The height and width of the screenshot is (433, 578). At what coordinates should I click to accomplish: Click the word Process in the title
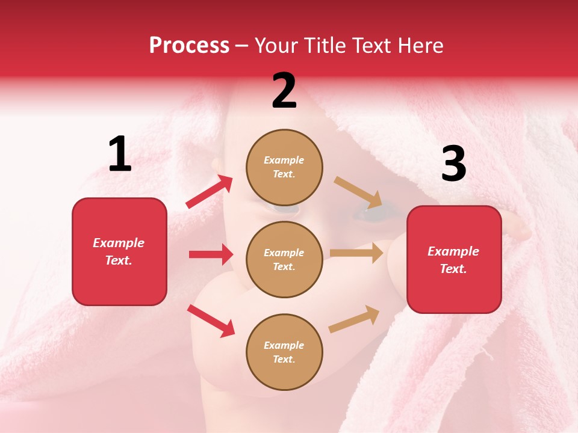pyautogui.click(x=189, y=46)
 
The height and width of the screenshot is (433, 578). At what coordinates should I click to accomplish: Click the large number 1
pyautogui.click(x=120, y=155)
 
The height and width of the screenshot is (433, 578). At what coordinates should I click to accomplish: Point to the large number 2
pyautogui.click(x=284, y=91)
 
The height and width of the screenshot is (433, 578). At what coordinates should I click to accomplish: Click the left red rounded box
pyautogui.click(x=119, y=251)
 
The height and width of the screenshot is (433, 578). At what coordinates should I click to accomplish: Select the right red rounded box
pyautogui.click(x=454, y=260)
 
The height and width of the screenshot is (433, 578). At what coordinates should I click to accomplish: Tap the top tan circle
pyautogui.click(x=284, y=167)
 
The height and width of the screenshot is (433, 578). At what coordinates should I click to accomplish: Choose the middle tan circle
pyautogui.click(x=284, y=259)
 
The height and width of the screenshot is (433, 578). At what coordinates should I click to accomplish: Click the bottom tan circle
pyautogui.click(x=284, y=352)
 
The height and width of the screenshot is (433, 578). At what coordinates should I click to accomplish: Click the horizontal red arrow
pyautogui.click(x=211, y=254)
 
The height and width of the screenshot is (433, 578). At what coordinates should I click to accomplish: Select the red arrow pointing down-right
pyautogui.click(x=211, y=321)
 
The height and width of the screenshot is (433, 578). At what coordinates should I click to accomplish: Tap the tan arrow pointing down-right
pyautogui.click(x=358, y=192)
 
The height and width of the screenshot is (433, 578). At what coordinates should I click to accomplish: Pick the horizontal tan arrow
pyautogui.click(x=356, y=253)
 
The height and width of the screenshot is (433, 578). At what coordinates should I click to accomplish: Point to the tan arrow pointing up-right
pyautogui.click(x=354, y=319)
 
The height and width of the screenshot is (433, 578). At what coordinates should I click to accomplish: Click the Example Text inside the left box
pyautogui.click(x=119, y=251)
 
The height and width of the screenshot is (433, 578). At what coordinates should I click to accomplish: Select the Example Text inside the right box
pyautogui.click(x=453, y=260)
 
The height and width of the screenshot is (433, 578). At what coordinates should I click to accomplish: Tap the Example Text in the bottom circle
pyautogui.click(x=284, y=352)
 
